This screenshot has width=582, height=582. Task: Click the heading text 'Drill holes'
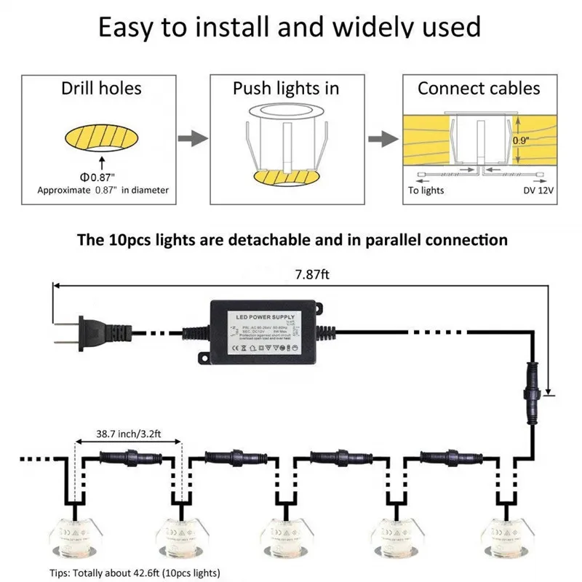click(102, 89)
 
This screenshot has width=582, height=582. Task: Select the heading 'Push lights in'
click(286, 89)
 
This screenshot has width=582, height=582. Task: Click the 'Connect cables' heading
click(479, 89)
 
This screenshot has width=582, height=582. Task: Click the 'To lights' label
click(426, 191)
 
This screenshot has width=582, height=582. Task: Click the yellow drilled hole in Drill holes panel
click(102, 135)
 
